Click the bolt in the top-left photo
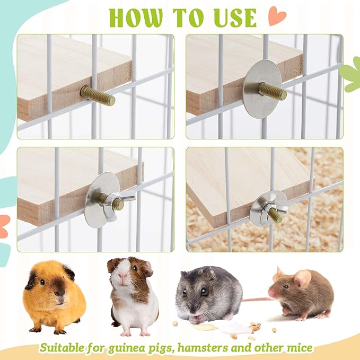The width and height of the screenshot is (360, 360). (98, 95)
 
